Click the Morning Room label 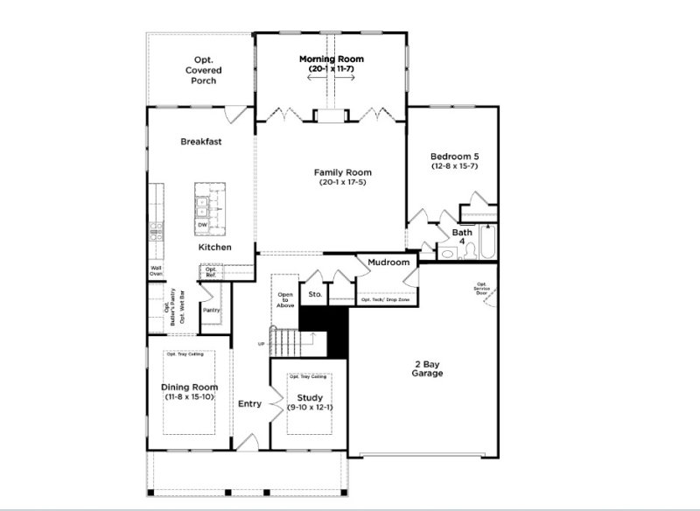(331, 59)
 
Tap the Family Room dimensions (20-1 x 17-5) (331, 183)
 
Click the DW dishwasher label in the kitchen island (202, 226)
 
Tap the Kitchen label (214, 248)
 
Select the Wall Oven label (156, 271)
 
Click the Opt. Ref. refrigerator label (211, 272)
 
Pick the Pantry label (211, 310)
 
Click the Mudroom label (388, 262)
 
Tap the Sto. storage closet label (315, 295)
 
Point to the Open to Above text (285, 300)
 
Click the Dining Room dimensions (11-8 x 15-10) (189, 397)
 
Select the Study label (310, 397)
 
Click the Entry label (250, 403)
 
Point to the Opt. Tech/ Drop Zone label (385, 300)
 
